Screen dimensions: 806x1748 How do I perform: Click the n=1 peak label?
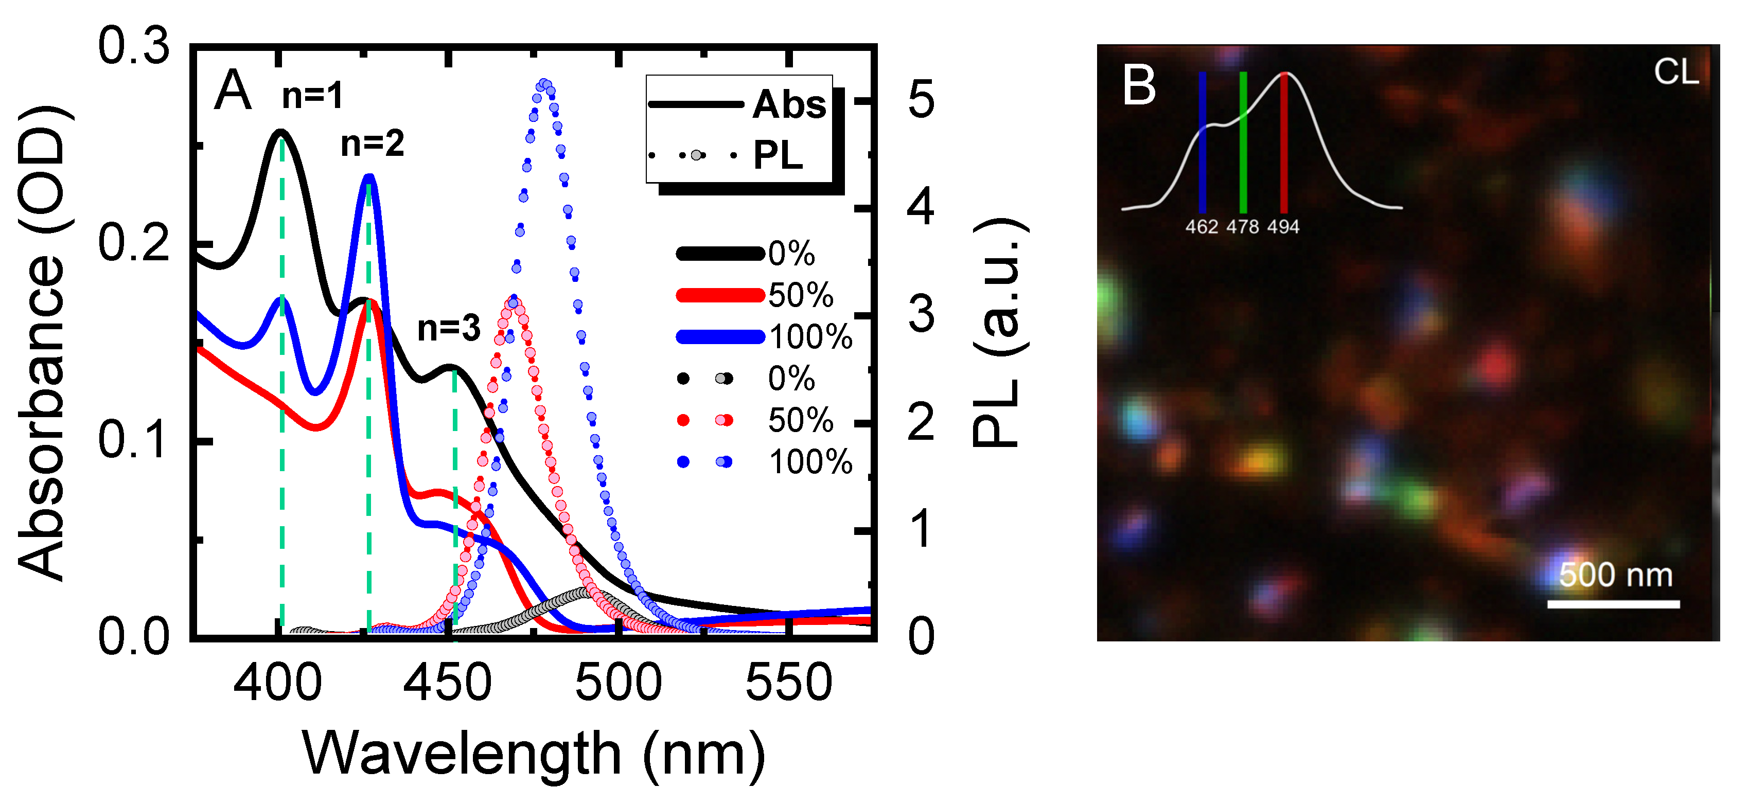tap(312, 96)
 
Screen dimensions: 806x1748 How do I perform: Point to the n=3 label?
tap(449, 328)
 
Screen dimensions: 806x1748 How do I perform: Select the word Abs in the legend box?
tap(789, 104)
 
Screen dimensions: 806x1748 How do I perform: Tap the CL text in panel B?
tap(1675, 72)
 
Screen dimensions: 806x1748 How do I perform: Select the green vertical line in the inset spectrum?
tap(1243, 142)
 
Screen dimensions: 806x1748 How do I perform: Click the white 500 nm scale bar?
tap(1613, 603)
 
